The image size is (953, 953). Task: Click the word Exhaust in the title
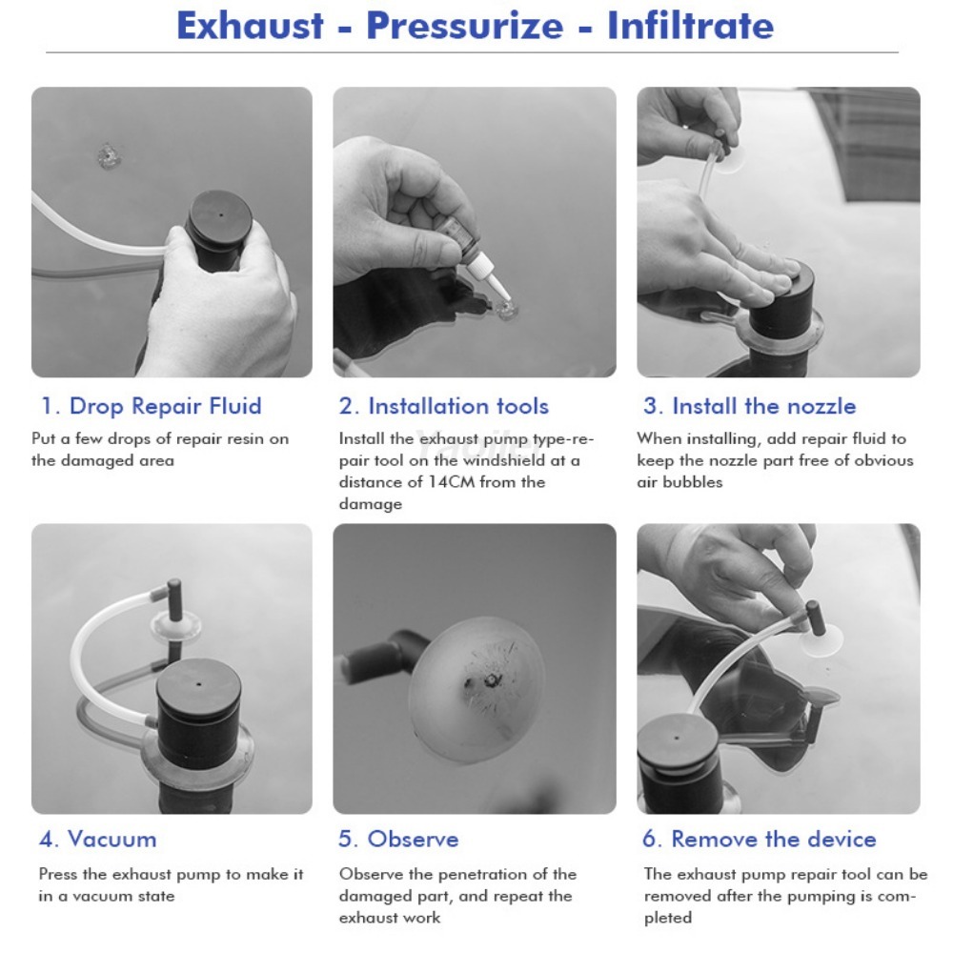[x=250, y=26]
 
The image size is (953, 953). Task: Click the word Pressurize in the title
[x=464, y=26]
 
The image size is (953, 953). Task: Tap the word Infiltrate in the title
[x=690, y=26]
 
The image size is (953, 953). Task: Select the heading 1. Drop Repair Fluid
[x=152, y=406]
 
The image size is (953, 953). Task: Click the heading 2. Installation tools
[x=444, y=406]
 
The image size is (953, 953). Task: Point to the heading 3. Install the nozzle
[x=749, y=406]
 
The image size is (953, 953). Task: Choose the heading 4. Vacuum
[x=98, y=840]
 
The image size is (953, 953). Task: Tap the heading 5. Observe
[x=398, y=840]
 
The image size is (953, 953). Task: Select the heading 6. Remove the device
[x=760, y=840]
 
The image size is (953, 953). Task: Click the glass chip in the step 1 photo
[x=109, y=156]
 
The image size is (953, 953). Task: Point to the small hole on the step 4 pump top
[x=199, y=683]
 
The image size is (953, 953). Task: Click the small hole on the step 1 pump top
[x=221, y=214]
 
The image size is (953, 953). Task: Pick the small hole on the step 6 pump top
[x=677, y=740]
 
